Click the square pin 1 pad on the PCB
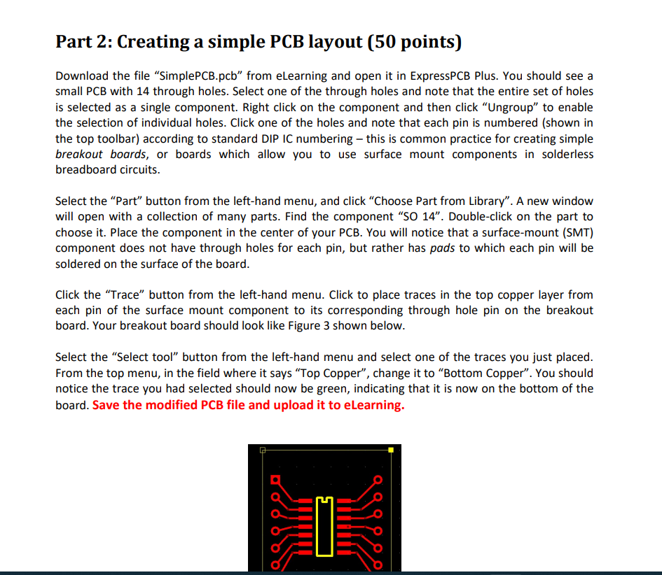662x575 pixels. tap(275, 481)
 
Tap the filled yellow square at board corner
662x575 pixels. tap(390, 450)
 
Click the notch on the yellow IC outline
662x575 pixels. tap(324, 499)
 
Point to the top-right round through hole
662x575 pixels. tap(378, 481)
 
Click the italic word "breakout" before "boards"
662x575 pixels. tap(79, 154)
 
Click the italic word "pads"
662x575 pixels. tap(442, 248)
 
